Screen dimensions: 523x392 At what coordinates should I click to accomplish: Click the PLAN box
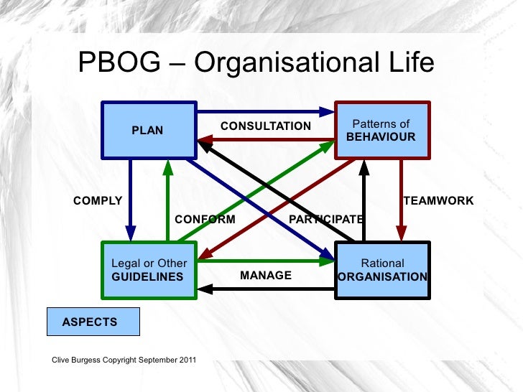(x=149, y=130)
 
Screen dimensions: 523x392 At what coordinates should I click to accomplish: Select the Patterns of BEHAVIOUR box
(x=381, y=130)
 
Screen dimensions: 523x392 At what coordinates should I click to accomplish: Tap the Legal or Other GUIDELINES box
(x=149, y=270)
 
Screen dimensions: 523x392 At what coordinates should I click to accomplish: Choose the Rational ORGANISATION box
(x=383, y=270)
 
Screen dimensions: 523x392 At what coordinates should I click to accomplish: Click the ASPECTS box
(x=93, y=322)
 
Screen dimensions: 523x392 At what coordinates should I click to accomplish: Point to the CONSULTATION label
(x=266, y=126)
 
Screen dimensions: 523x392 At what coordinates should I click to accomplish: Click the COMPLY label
(x=98, y=201)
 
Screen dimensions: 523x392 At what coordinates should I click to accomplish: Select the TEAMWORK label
(x=438, y=201)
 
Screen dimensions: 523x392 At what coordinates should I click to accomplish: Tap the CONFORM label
(x=205, y=219)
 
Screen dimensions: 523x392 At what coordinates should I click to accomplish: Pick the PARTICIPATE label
(x=325, y=219)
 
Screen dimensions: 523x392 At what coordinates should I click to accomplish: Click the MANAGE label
(x=266, y=276)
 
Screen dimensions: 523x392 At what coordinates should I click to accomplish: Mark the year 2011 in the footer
(x=186, y=359)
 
